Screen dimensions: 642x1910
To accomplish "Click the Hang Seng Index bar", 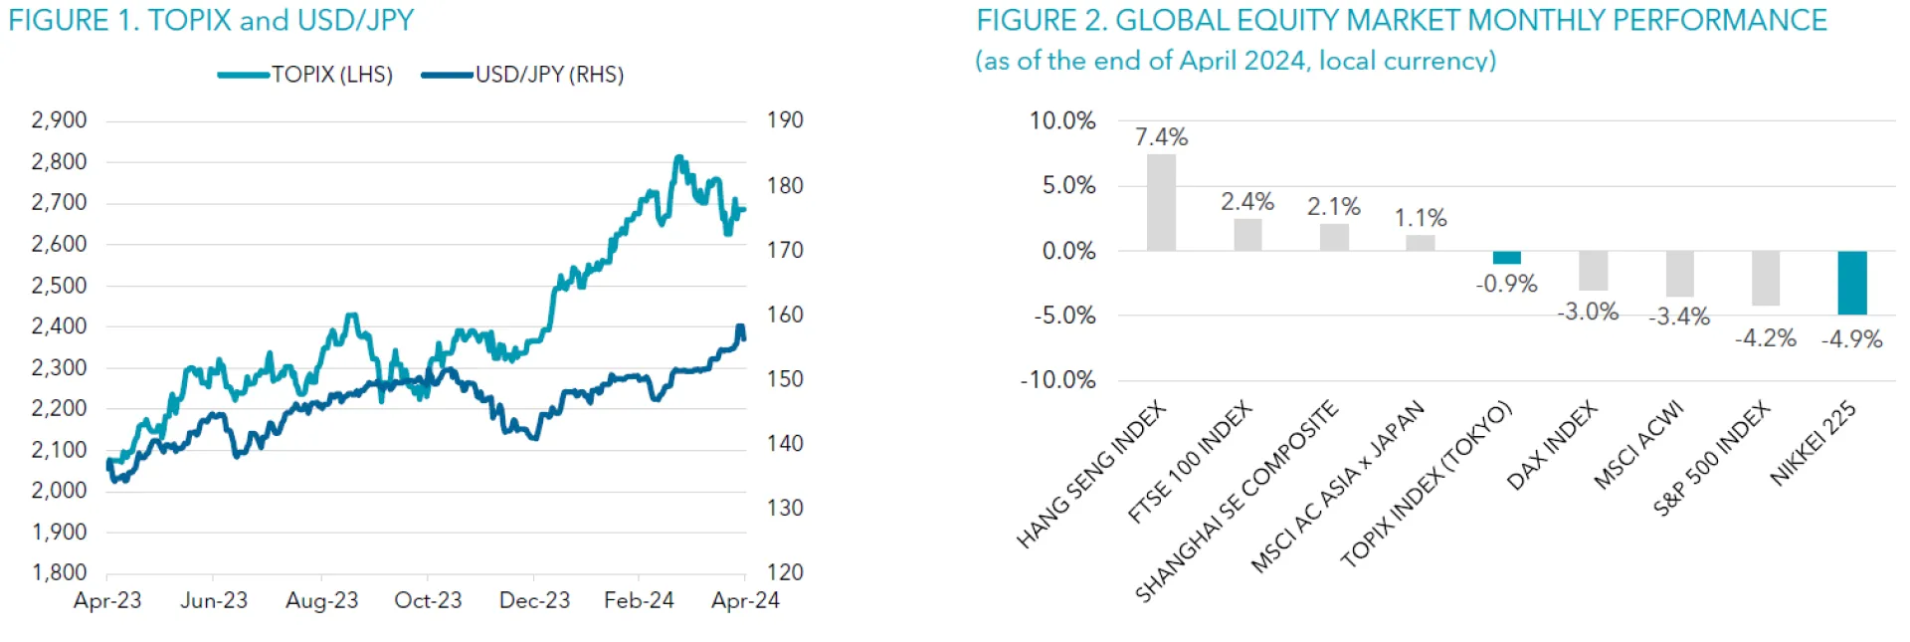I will click(1161, 202).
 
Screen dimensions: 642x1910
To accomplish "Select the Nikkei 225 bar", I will click(1851, 283).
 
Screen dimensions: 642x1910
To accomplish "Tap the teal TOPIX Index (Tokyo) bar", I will click(1506, 258).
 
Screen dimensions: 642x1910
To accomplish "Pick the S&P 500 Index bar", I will click(1766, 278).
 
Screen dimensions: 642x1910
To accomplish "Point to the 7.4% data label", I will click(1161, 137).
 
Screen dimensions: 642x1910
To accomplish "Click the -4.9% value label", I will click(1851, 339).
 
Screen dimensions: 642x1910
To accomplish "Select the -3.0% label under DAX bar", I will click(1588, 313).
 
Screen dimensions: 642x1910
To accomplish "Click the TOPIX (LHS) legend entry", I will click(306, 75).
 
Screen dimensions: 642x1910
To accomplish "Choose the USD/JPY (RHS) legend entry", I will click(523, 75).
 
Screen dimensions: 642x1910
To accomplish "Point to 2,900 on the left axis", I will click(60, 120).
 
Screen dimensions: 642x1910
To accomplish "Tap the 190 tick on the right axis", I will click(785, 120).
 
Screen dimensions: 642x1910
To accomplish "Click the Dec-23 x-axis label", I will click(534, 600).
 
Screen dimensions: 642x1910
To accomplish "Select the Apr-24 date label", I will click(745, 600).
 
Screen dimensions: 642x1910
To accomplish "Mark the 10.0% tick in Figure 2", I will click(1061, 121).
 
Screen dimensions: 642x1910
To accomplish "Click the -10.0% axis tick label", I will click(1057, 380).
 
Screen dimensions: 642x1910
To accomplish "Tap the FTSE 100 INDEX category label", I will click(1190, 462).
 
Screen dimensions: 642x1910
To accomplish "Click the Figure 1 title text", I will click(211, 20).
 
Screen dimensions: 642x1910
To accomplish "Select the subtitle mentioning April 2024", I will click(1235, 61).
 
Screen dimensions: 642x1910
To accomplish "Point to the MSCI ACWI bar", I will click(1679, 274).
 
